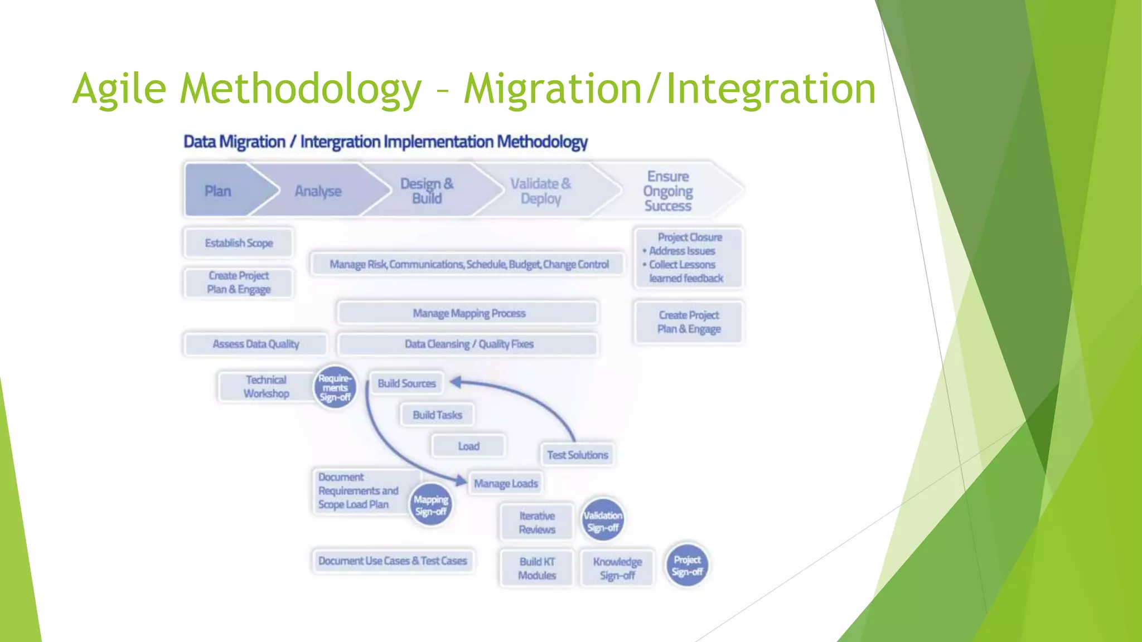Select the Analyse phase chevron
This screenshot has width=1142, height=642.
point(318,191)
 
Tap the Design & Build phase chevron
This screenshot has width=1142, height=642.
point(427,191)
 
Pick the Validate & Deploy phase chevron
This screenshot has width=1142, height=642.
point(540,191)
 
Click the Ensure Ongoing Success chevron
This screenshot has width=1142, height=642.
point(668,191)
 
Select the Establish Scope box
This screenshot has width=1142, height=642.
point(239,243)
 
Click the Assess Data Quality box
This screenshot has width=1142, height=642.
point(256,344)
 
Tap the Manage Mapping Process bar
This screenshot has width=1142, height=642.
point(468,313)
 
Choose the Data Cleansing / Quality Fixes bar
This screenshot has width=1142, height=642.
point(468,344)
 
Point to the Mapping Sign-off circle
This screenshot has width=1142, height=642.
point(430,505)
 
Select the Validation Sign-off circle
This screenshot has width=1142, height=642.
point(602,521)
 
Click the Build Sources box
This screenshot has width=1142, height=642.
point(407,383)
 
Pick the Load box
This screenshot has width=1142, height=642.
point(468,446)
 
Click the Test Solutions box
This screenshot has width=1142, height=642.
point(577,455)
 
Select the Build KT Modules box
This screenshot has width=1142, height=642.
point(537,568)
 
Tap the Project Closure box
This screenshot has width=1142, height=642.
point(689,257)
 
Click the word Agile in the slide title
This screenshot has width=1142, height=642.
point(119,89)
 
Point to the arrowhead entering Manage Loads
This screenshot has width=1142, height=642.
point(461,480)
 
